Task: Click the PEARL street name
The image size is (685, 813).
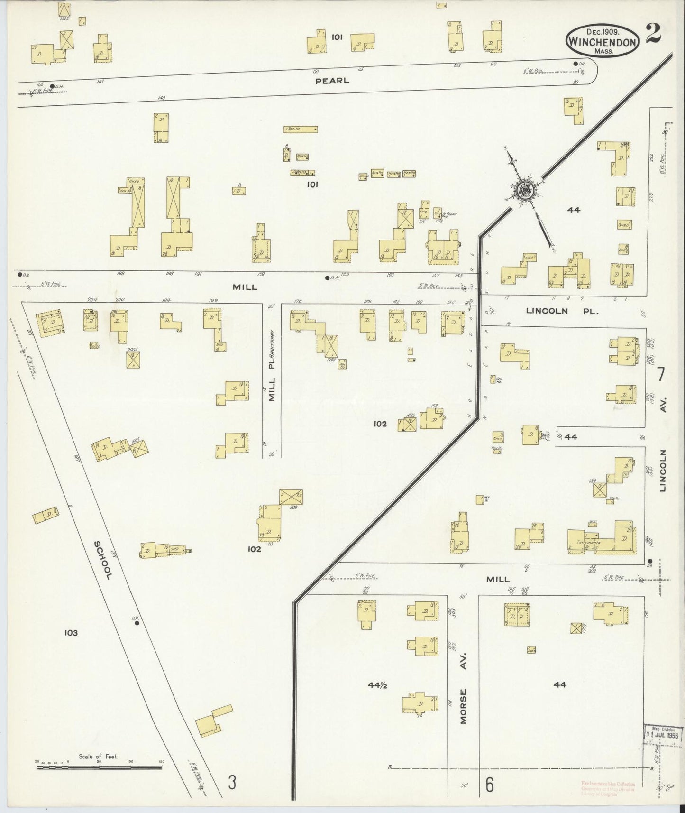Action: click(332, 81)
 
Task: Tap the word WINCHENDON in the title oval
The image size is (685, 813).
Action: click(601, 42)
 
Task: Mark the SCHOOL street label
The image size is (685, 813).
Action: click(102, 560)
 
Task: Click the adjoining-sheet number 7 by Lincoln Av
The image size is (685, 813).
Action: click(660, 375)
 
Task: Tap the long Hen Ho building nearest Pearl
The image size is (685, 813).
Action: click(301, 129)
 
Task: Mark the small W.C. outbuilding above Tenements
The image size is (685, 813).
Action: click(593, 524)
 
